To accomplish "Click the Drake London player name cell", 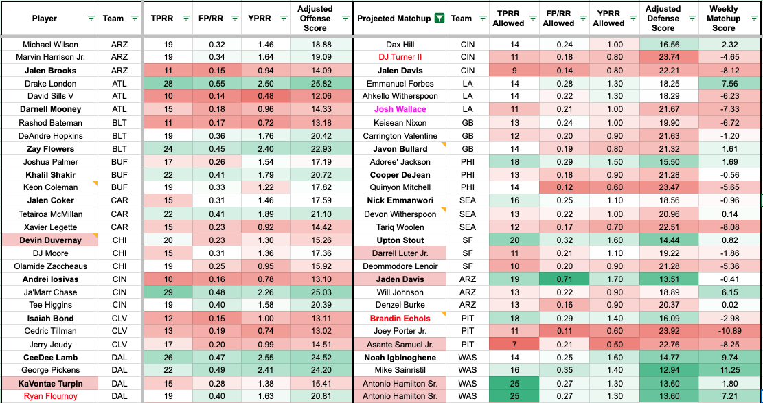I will (50, 83).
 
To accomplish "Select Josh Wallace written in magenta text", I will (400, 109).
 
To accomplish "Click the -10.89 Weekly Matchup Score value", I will (723, 331).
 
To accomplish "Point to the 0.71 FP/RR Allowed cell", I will (558, 279).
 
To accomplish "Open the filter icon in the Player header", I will (91, 19).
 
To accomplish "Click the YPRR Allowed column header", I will (608, 19).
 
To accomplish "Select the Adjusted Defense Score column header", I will (663, 19).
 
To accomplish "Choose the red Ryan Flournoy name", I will (50, 396).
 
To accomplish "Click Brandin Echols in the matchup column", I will (400, 318).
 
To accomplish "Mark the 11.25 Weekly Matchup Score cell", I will (723, 370).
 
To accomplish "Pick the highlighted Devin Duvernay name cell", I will (50, 240).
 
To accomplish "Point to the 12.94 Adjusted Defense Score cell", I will (663, 370).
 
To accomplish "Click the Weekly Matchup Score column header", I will (723, 19).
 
